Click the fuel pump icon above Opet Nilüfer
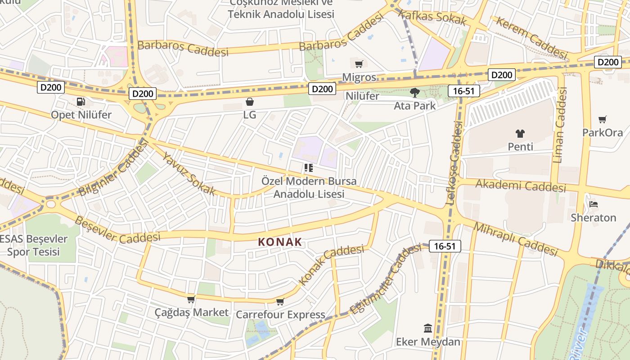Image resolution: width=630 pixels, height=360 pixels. click(81, 102)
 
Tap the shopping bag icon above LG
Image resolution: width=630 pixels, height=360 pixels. click(250, 102)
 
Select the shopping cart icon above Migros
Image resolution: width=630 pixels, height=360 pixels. click(359, 64)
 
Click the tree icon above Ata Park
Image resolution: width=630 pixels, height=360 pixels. click(414, 93)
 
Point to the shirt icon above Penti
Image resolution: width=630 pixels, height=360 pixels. click(520, 134)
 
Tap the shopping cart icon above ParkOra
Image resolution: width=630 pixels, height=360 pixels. click(602, 119)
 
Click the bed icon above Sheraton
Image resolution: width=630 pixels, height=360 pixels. click(593, 204)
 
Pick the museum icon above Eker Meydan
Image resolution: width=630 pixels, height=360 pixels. click(427, 328)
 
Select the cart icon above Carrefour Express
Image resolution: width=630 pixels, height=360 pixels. click(280, 301)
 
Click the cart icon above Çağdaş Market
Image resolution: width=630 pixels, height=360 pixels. click(191, 299)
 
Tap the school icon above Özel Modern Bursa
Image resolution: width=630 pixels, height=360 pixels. click(308, 168)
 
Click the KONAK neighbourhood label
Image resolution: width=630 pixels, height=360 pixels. click(280, 242)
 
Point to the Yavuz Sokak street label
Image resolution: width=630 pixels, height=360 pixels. click(189, 174)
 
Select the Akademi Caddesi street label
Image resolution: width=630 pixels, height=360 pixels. click(521, 185)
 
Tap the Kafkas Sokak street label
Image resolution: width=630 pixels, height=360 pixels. click(432, 18)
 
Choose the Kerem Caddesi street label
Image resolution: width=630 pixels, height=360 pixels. click(531, 38)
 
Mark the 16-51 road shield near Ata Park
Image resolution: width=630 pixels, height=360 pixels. click(464, 91)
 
